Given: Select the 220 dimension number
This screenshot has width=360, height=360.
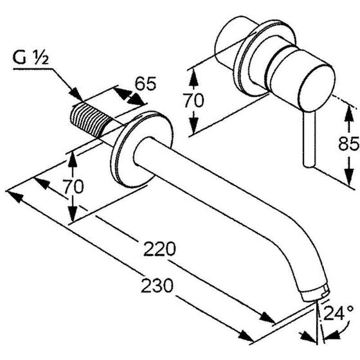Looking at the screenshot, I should [158, 249].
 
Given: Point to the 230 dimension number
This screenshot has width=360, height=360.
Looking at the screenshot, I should [157, 285].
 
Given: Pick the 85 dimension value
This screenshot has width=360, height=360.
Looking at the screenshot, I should [349, 144].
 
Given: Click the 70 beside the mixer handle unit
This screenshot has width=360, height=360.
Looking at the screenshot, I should [194, 100].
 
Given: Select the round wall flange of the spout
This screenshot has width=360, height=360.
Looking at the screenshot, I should [122, 148].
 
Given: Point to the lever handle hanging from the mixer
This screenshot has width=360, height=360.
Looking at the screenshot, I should [308, 139].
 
